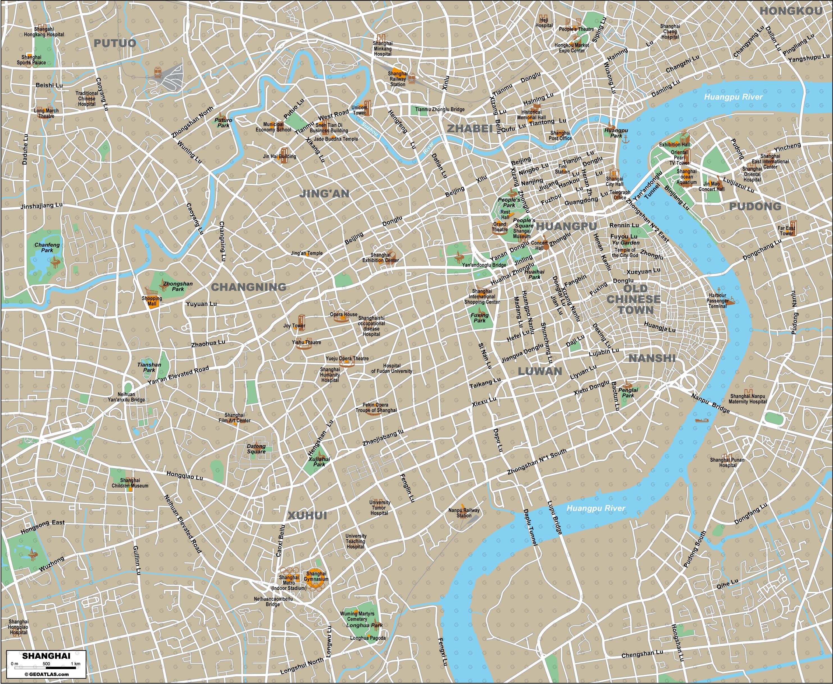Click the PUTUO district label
(x=115, y=43)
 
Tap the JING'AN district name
(x=324, y=193)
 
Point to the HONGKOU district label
(x=791, y=11)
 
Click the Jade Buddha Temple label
(x=336, y=139)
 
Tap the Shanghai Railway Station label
(x=398, y=79)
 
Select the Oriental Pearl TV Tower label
(x=679, y=158)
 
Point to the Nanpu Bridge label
(x=711, y=404)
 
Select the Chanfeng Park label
(x=47, y=247)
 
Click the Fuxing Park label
(x=479, y=318)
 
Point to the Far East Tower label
(x=786, y=231)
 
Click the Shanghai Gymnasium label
(x=316, y=576)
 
